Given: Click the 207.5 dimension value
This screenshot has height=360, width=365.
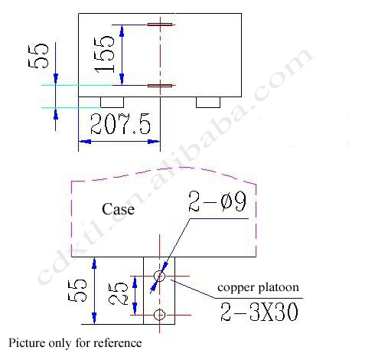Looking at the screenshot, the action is click(x=120, y=124).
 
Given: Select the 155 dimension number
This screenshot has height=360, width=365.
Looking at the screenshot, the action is click(x=104, y=54).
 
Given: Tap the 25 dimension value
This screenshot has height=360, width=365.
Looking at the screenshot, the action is click(x=118, y=294).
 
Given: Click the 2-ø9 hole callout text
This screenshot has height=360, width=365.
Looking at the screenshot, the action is click(x=217, y=201).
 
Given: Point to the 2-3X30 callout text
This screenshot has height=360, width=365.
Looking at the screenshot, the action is click(x=259, y=312).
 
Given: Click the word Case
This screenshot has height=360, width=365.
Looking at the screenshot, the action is click(x=118, y=209).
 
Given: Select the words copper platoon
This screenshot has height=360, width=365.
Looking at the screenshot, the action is click(x=258, y=288).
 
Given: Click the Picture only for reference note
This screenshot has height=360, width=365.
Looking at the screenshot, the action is click(x=75, y=343).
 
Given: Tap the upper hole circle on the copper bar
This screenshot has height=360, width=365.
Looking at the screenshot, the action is click(x=159, y=276).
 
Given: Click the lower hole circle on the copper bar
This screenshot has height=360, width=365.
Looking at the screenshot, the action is click(x=159, y=315).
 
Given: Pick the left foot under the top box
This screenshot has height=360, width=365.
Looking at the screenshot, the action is click(x=112, y=102).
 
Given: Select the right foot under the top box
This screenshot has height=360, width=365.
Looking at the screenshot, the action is click(x=208, y=102).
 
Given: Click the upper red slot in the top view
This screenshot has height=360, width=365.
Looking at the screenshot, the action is click(x=160, y=25).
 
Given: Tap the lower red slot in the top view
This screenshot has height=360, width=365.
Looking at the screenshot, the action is click(x=160, y=86).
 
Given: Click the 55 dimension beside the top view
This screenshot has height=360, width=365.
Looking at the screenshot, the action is click(x=38, y=56).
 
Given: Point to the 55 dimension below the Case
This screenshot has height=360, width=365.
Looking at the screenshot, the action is click(x=77, y=290).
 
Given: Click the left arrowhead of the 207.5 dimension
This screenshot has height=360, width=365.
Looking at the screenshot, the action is click(x=86, y=141).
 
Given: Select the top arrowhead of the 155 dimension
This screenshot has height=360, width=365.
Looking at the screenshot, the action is click(x=122, y=31).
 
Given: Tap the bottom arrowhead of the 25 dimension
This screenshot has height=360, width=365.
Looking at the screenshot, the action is click(x=135, y=309).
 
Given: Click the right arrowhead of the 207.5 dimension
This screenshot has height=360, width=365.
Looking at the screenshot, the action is click(x=154, y=141).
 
